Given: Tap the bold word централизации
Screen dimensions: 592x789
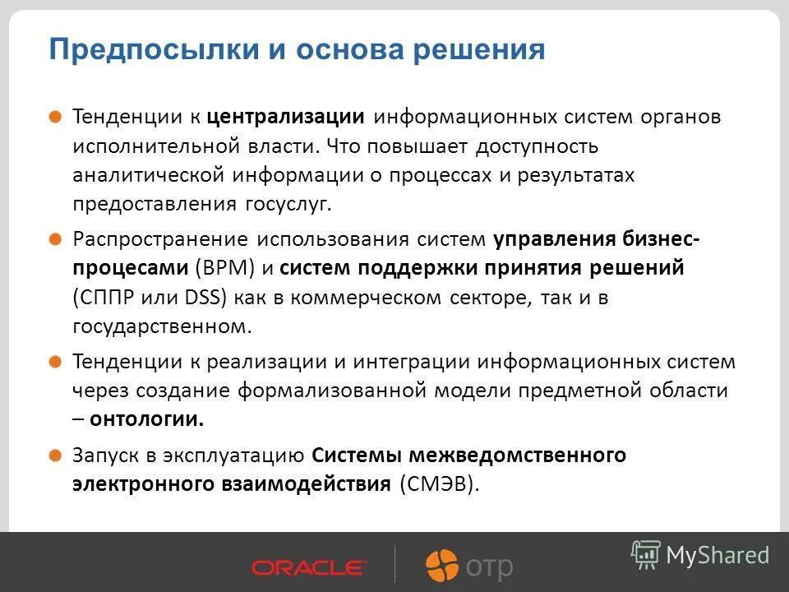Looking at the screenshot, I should pyautogui.click(x=285, y=116).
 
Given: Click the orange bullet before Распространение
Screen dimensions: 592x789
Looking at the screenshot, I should pyautogui.click(x=54, y=238).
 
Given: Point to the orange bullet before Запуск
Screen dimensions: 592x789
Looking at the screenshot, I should pyautogui.click(x=54, y=455).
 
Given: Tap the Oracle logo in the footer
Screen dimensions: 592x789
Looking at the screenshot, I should pyautogui.click(x=308, y=567).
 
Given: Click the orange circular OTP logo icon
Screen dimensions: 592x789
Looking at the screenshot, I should pyautogui.click(x=441, y=566).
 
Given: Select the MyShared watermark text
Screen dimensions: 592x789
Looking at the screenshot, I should pyautogui.click(x=717, y=555).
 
